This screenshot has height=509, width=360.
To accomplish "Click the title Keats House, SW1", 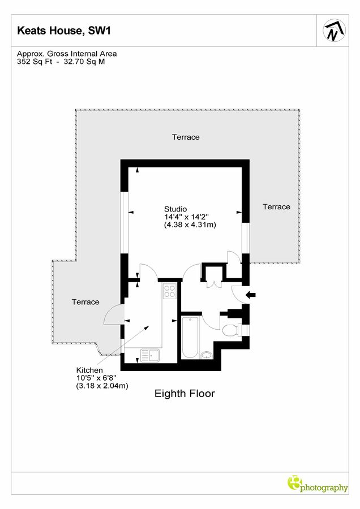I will click(56, 31).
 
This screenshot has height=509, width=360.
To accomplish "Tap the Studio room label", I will click(175, 209).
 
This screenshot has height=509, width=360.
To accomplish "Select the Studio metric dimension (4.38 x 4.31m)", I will click(190, 225).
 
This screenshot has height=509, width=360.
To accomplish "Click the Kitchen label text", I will click(89, 370).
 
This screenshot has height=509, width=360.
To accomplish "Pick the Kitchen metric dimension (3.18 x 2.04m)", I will click(102, 386).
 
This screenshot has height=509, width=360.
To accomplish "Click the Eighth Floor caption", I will click(185, 393).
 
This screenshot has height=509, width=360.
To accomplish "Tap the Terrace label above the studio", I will click(186, 137).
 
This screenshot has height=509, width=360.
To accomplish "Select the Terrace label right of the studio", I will click(276, 207).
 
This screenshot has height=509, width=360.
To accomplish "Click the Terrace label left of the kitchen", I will click(85, 302).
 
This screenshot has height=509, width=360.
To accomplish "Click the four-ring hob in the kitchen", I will click(169, 291).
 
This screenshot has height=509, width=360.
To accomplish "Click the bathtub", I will click(190, 338).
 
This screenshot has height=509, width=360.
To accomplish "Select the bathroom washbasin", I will click(207, 355).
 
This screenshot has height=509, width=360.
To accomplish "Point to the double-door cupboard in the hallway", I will click(213, 281).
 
